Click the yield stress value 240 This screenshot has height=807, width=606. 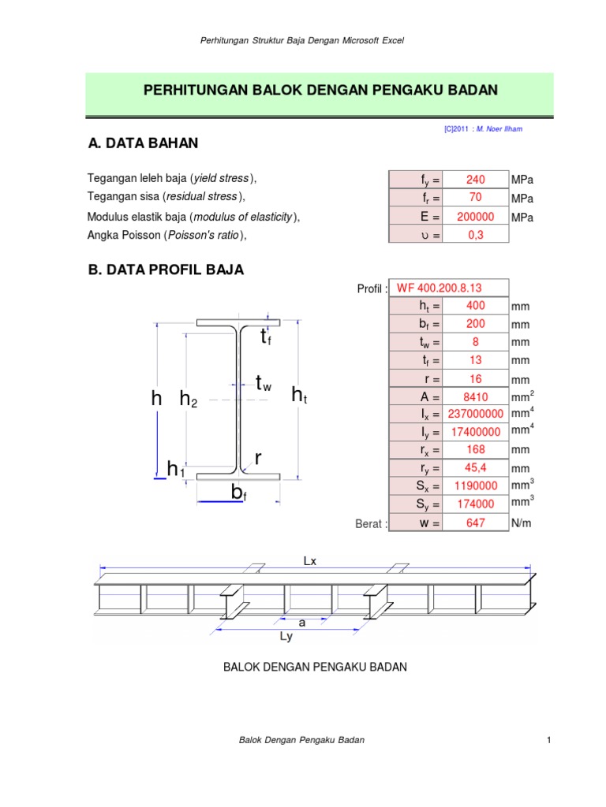click(x=475, y=180)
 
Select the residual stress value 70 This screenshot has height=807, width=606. click(x=475, y=198)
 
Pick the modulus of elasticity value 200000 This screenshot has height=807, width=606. click(x=475, y=217)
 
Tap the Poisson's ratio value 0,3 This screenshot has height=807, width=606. click(x=475, y=235)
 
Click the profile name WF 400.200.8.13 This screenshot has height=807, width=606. click(x=452, y=287)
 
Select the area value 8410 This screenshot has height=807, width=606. click(x=475, y=396)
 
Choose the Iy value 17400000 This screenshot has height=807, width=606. click(x=475, y=433)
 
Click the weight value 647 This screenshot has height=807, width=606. click(x=475, y=523)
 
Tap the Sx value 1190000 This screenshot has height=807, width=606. click(x=475, y=487)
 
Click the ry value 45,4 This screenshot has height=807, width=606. click(x=475, y=469)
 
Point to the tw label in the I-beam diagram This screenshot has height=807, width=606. click(x=264, y=384)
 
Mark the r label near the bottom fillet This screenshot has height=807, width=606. click(x=257, y=458)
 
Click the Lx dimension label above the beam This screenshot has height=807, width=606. click(x=310, y=560)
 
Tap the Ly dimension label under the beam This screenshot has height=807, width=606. click(x=286, y=638)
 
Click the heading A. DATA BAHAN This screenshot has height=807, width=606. click(x=143, y=143)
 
